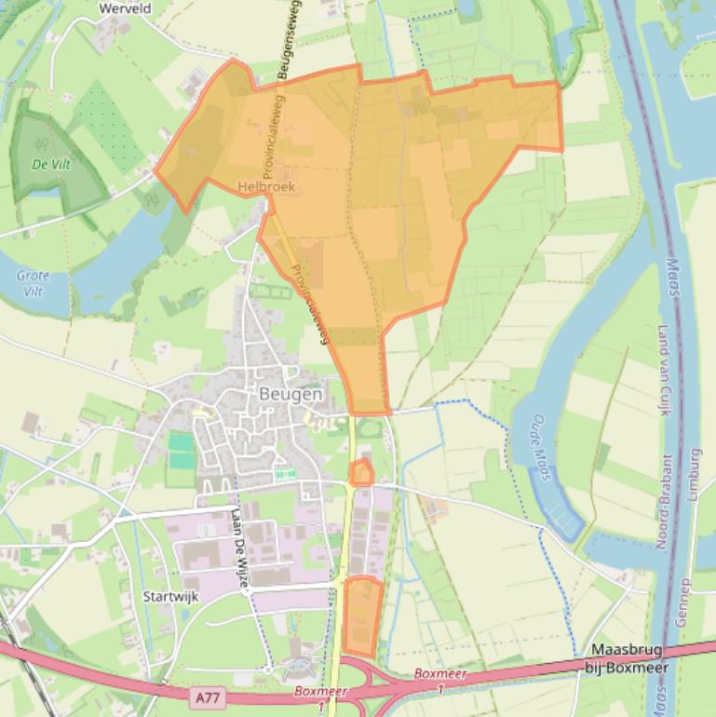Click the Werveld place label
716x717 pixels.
[124, 7]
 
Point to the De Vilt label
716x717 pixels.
[50, 164]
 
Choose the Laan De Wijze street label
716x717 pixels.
[240, 550]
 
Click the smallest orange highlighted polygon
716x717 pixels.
[361, 473]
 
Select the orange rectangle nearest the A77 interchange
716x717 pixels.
[362, 616]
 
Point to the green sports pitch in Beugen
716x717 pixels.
[181, 452]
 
